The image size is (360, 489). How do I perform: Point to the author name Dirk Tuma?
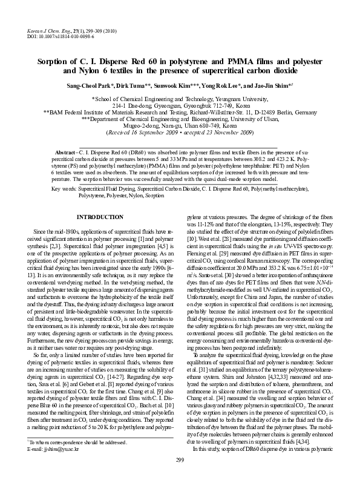point(138,87)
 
